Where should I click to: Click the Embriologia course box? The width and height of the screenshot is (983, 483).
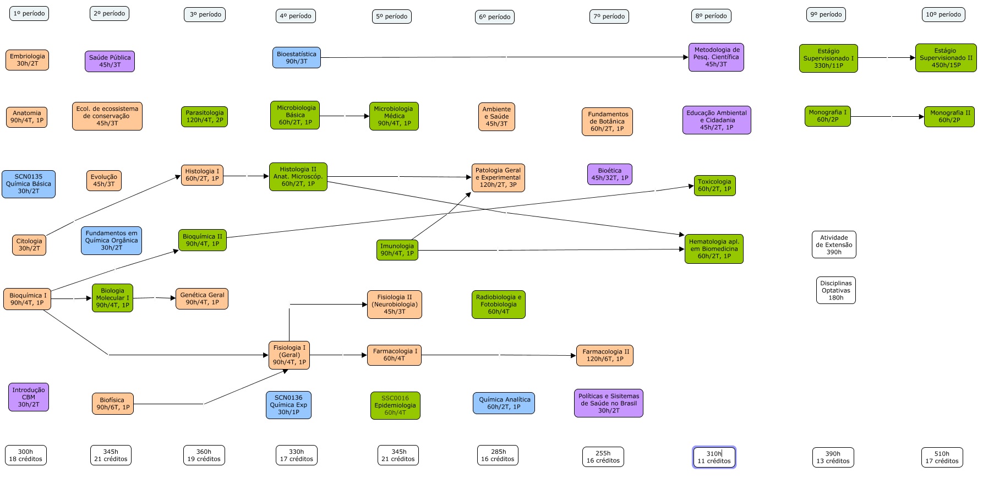(x=27, y=60)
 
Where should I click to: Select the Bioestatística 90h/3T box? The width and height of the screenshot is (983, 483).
(x=296, y=58)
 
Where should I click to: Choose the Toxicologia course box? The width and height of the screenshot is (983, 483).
(x=714, y=186)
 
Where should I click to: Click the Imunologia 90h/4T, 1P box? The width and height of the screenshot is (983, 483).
(x=397, y=250)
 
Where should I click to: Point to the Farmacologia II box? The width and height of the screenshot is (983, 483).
(x=604, y=355)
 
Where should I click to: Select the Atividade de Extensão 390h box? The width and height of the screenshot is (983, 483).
(x=833, y=245)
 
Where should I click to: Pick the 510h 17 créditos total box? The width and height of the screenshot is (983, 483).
(x=941, y=458)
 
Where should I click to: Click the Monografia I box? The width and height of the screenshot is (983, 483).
(x=827, y=116)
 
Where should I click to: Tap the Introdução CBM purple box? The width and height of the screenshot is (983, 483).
(x=29, y=397)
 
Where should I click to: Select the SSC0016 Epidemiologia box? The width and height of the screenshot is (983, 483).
(x=395, y=405)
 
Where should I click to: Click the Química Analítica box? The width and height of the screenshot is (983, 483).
(x=504, y=403)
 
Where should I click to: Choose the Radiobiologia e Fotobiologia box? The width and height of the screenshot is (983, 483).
(x=498, y=305)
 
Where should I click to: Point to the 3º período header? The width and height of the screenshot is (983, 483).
(x=205, y=14)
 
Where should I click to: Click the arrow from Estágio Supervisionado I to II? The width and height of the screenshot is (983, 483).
(x=886, y=58)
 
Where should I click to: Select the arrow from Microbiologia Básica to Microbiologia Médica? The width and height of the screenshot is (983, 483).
(x=345, y=116)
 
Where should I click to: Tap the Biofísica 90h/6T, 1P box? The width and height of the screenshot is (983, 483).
(x=112, y=404)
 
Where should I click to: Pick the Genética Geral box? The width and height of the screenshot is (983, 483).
(x=201, y=299)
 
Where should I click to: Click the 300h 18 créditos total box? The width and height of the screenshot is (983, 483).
(x=25, y=455)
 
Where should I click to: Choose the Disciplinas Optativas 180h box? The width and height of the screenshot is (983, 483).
(x=835, y=290)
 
